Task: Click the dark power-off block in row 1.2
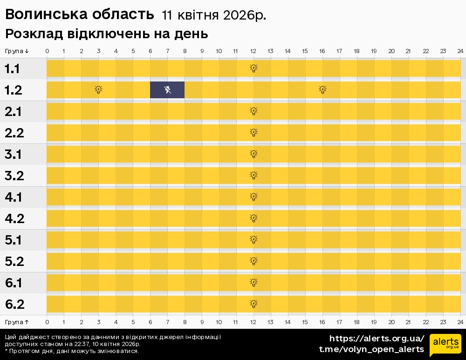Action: (x=167, y=90)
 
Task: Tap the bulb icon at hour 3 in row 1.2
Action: (x=98, y=90)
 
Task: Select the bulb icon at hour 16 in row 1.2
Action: (x=322, y=90)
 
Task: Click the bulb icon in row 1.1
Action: (x=254, y=68)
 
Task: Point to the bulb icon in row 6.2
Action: (x=254, y=304)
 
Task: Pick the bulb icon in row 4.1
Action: (x=254, y=197)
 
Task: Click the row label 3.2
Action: (x=14, y=176)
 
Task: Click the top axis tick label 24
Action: (x=460, y=51)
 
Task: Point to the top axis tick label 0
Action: (x=47, y=51)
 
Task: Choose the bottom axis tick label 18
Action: (x=356, y=322)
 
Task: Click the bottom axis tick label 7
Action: (x=167, y=322)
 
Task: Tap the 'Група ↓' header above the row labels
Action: (x=17, y=51)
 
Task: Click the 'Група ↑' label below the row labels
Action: (x=17, y=322)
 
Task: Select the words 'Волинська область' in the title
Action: (x=79, y=15)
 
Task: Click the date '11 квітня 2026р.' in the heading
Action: (x=214, y=15)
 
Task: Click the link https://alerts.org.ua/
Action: (x=377, y=339)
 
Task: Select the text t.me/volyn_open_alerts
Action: (x=371, y=349)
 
